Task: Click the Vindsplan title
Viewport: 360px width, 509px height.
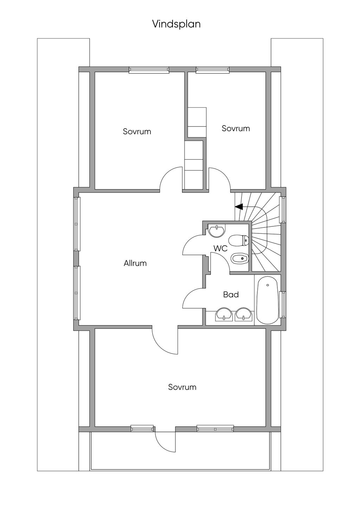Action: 176,25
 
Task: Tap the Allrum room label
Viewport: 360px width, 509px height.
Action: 135,263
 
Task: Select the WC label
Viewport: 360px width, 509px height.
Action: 220,249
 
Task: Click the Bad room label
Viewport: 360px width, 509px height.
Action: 231,295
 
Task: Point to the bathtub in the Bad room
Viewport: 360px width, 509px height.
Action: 268,301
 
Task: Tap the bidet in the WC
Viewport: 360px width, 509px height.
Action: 240,259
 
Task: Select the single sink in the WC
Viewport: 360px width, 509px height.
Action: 217,231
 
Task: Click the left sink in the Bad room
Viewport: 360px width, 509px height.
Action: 224,315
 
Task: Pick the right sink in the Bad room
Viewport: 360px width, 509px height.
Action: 244,315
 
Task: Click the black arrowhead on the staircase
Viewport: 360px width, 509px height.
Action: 239,207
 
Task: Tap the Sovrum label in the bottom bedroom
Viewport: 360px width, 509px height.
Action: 182,387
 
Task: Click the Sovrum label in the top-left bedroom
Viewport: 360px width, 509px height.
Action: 137,131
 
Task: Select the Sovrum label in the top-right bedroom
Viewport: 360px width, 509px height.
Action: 236,128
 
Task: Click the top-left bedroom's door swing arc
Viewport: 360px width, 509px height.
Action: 165,173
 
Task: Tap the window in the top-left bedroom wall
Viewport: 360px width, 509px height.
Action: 149,70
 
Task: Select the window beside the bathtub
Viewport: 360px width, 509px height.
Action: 283,305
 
